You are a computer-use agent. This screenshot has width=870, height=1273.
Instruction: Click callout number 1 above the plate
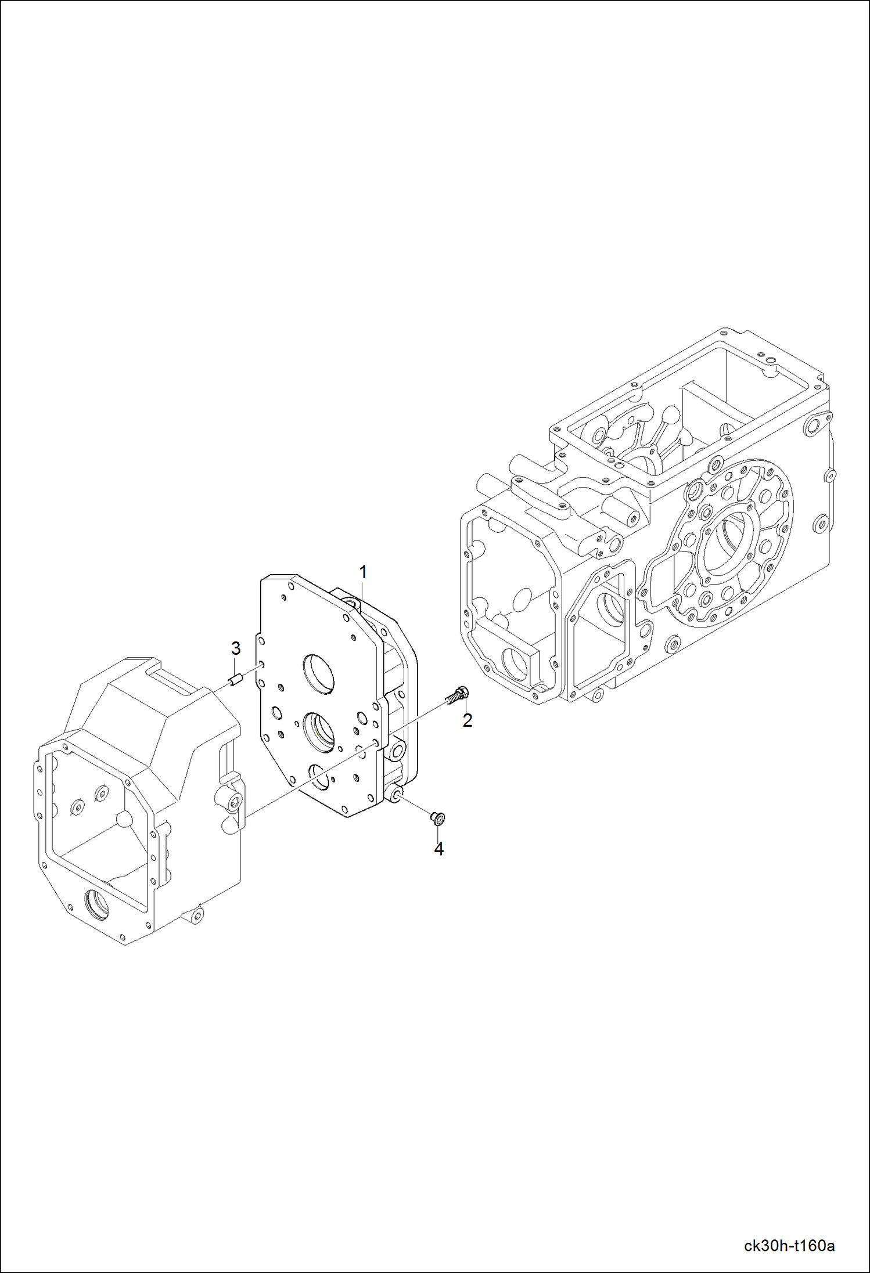pos(363,572)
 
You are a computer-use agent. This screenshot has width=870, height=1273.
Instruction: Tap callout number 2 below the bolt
pos(468,720)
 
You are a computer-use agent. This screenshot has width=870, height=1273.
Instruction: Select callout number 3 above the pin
pos(236,648)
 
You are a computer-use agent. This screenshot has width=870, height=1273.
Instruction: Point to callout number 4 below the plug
pos(439,849)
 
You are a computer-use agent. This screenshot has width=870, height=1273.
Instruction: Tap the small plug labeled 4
pos(437,818)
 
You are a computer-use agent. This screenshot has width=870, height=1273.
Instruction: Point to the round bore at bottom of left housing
pos(96,904)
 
